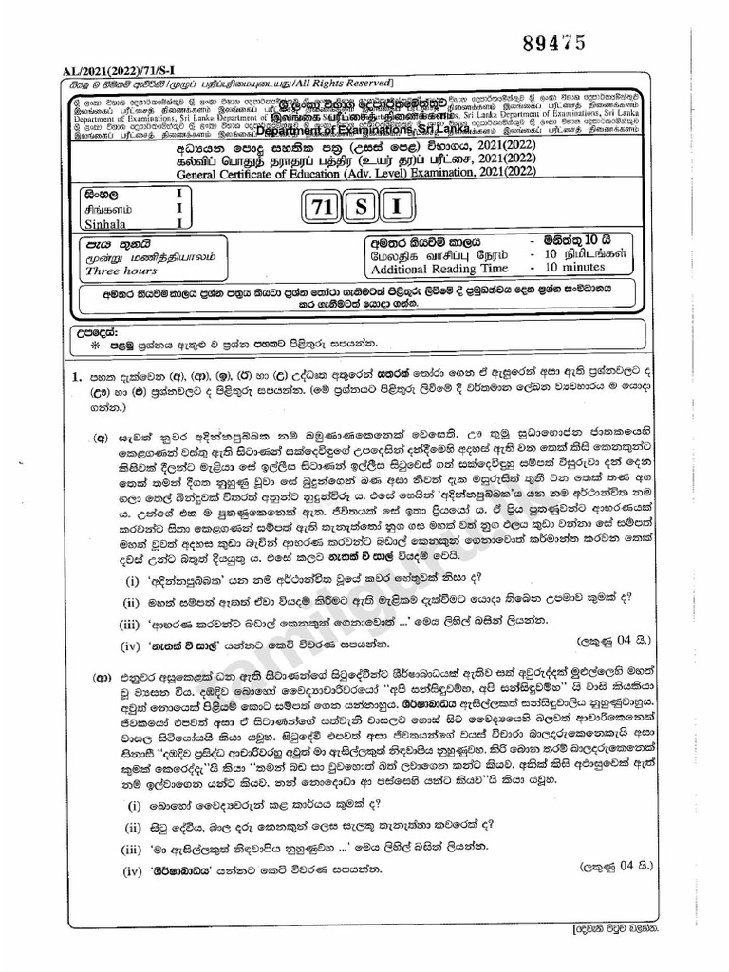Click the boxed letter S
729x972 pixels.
[361, 205]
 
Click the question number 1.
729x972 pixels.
[76, 377]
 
